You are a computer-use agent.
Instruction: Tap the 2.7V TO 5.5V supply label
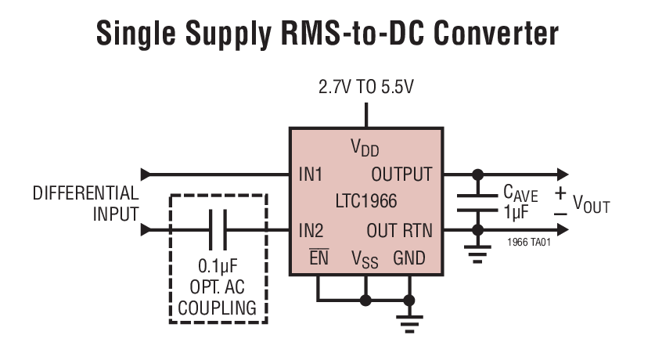pyautogui.click(x=365, y=87)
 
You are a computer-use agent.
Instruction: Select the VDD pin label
pyautogui.click(x=365, y=147)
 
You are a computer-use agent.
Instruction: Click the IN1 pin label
pyautogui.click(x=311, y=174)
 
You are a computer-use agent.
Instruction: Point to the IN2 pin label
pyautogui.click(x=311, y=230)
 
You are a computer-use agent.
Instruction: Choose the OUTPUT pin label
pyautogui.click(x=401, y=174)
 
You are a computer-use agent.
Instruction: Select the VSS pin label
pyautogui.click(x=364, y=260)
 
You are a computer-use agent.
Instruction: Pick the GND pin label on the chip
pyautogui.click(x=409, y=257)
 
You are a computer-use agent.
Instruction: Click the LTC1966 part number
pyautogui.click(x=365, y=202)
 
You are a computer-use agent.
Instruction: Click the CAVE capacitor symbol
pyautogui.click(x=477, y=202)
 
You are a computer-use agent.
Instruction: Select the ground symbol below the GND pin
pyautogui.click(x=408, y=320)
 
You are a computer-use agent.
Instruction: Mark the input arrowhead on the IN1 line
pyautogui.click(x=146, y=174)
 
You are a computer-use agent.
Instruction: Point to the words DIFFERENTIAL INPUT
pyautogui.click(x=86, y=203)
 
